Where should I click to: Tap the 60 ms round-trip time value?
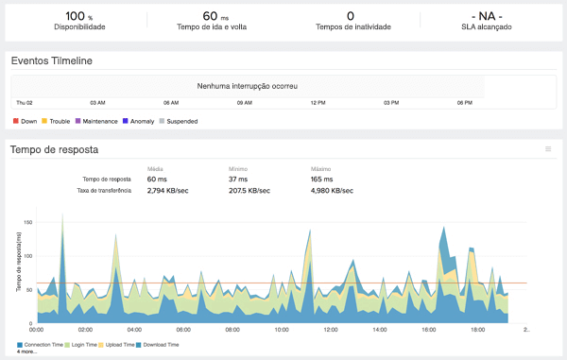[x=223, y=15]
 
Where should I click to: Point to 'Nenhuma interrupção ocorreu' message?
[x=248, y=86]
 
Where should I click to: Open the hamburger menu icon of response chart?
[x=548, y=149]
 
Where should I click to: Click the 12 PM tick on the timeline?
[x=318, y=102]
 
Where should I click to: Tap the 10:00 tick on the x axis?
[x=281, y=330]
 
